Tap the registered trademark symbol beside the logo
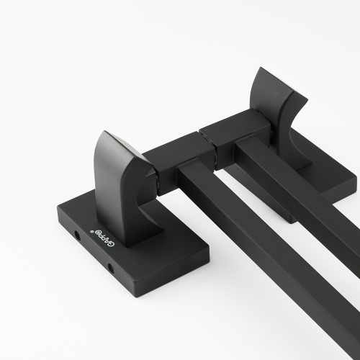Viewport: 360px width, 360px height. tap(91, 231)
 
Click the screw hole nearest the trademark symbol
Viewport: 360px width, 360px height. tap(78, 235)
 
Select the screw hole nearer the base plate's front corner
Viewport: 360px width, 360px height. tap(111, 268)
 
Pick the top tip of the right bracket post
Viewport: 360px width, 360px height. tap(260, 68)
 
